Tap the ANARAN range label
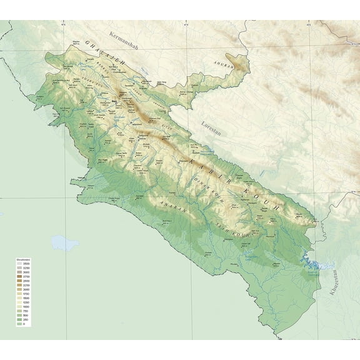[x=173, y=207]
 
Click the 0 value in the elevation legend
[x=24, y=324]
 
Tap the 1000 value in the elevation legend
[x=26, y=307]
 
